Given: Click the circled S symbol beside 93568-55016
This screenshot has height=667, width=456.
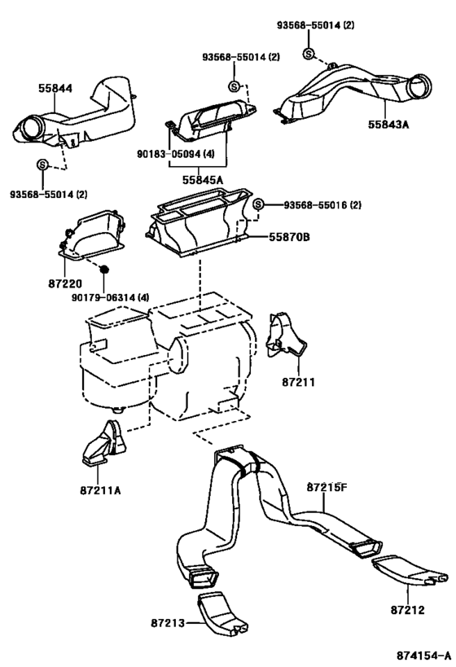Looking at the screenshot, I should click(x=258, y=204).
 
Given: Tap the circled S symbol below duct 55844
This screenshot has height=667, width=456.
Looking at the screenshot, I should click(x=42, y=165).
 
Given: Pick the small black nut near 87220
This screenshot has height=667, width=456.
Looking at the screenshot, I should click(x=104, y=268).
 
